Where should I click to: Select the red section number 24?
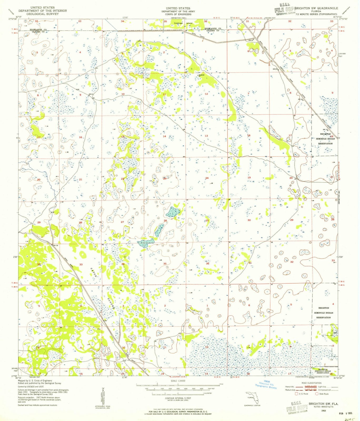(207, 178)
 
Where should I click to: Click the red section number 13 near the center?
(206, 136)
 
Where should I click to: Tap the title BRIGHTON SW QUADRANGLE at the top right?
(316, 8)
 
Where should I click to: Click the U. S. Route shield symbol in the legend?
(296, 394)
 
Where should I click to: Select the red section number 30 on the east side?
(249, 220)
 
